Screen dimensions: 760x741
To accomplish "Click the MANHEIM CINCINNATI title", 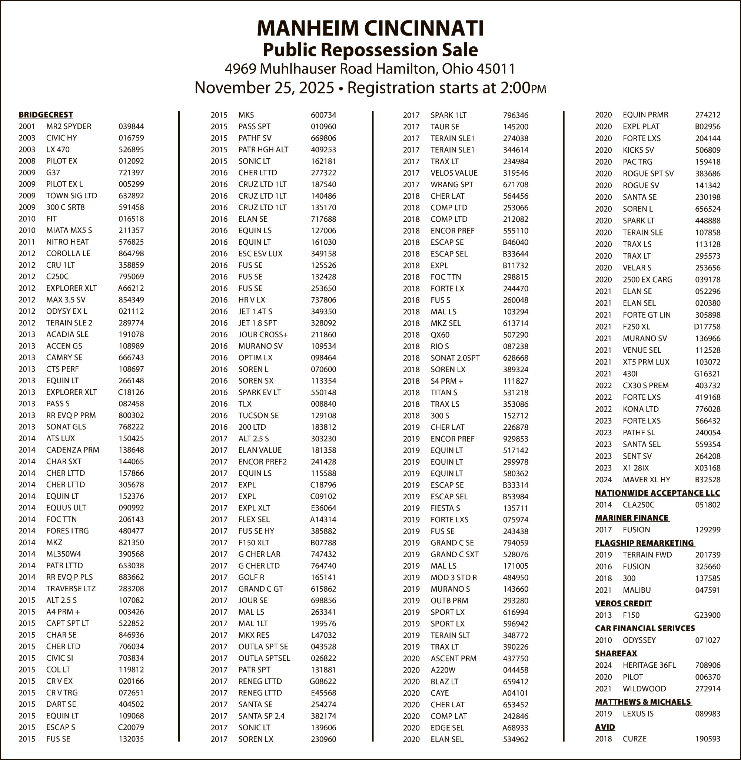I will tap(370, 29).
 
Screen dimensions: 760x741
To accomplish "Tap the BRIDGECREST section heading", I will tap(46, 115).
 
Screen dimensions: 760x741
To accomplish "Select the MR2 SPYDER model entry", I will tap(69, 126).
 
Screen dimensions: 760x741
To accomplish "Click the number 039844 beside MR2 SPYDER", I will tap(131, 126).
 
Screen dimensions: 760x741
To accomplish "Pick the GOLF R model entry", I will tap(251, 577).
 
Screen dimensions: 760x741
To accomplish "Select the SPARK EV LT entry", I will tap(259, 393).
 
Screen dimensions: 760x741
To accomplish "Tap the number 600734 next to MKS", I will tap(323, 115).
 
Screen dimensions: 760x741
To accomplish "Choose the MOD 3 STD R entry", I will tap(453, 577).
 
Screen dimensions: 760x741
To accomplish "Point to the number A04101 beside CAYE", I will tap(515, 693).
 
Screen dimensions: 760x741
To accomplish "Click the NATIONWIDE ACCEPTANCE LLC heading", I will tap(657, 493).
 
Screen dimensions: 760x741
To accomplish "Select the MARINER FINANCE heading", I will tap(632, 518).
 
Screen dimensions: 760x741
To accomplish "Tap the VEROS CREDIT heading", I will tap(623, 603).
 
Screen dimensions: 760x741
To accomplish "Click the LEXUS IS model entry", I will tap(638, 714).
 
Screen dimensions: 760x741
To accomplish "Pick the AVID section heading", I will tap(605, 727).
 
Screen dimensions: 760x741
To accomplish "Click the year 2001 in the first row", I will tap(27, 126).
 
